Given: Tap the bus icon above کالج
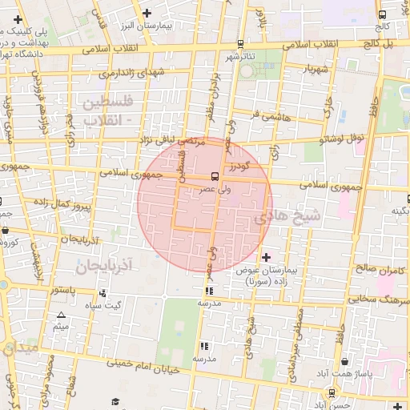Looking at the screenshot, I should (382, 14).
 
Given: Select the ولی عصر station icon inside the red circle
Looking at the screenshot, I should (215, 176).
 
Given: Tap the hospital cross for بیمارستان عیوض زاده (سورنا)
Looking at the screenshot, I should (267, 257).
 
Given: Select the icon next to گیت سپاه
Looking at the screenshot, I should (102, 293).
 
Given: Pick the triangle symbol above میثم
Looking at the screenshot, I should (61, 315).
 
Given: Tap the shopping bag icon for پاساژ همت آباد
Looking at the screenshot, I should (344, 361).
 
